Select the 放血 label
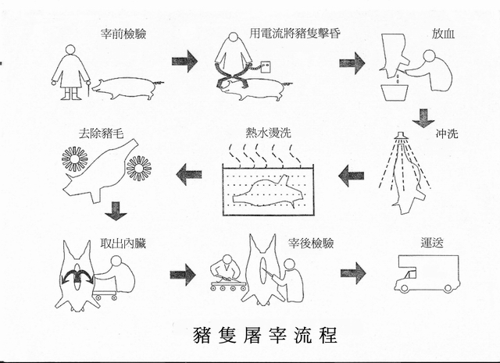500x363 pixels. (441, 35)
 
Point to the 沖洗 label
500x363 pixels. (447, 132)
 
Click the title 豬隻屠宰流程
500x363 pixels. (265, 334)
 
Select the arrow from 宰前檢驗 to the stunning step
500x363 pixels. (184, 60)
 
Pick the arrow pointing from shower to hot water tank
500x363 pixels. (352, 175)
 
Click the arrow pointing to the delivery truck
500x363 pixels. (352, 272)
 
